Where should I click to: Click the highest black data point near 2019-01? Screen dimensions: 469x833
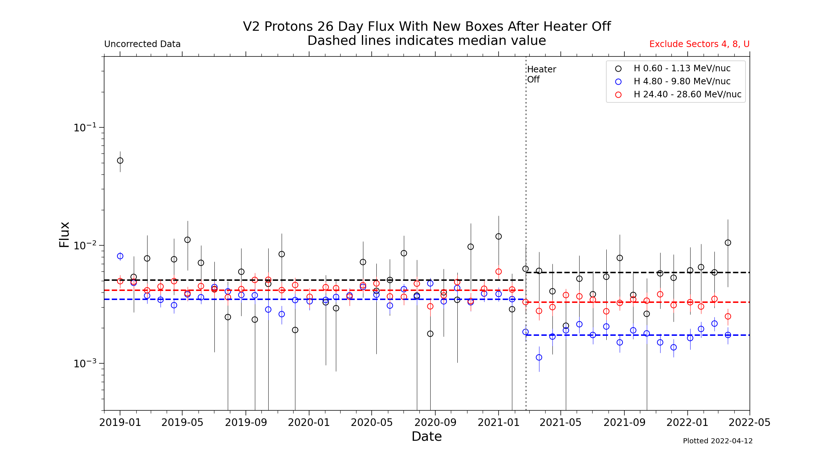coord(120,161)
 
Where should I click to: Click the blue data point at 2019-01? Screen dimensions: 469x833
coord(120,256)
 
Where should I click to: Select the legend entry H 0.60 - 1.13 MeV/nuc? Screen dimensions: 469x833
coord(682,68)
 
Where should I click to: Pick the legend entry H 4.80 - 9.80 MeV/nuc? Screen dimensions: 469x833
coord(682,81)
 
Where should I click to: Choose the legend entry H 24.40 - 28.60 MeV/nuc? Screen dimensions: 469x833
coord(687,94)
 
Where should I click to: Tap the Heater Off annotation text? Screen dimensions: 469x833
coord(541,74)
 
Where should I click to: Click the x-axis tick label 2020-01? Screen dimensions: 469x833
coord(309,423)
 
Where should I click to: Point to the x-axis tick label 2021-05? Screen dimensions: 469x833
coord(560,423)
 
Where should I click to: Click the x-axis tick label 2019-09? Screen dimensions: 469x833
coord(246,423)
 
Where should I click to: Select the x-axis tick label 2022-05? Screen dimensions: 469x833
coord(749,423)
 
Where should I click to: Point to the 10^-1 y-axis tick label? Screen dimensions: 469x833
coord(85,127)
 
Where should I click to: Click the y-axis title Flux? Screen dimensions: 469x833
coord(64,234)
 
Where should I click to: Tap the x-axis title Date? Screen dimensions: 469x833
coord(427,436)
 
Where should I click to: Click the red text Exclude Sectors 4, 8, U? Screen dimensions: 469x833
coord(699,44)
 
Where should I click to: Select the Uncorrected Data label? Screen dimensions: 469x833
coord(142,44)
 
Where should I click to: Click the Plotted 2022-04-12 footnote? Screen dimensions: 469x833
coord(717,441)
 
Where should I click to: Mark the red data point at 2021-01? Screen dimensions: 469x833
coord(499,272)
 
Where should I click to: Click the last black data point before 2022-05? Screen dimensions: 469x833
coord(728,243)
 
